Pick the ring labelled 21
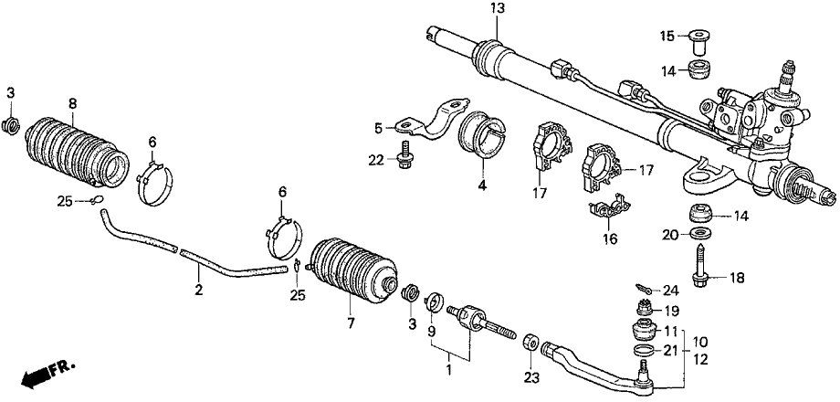pos(645,351)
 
